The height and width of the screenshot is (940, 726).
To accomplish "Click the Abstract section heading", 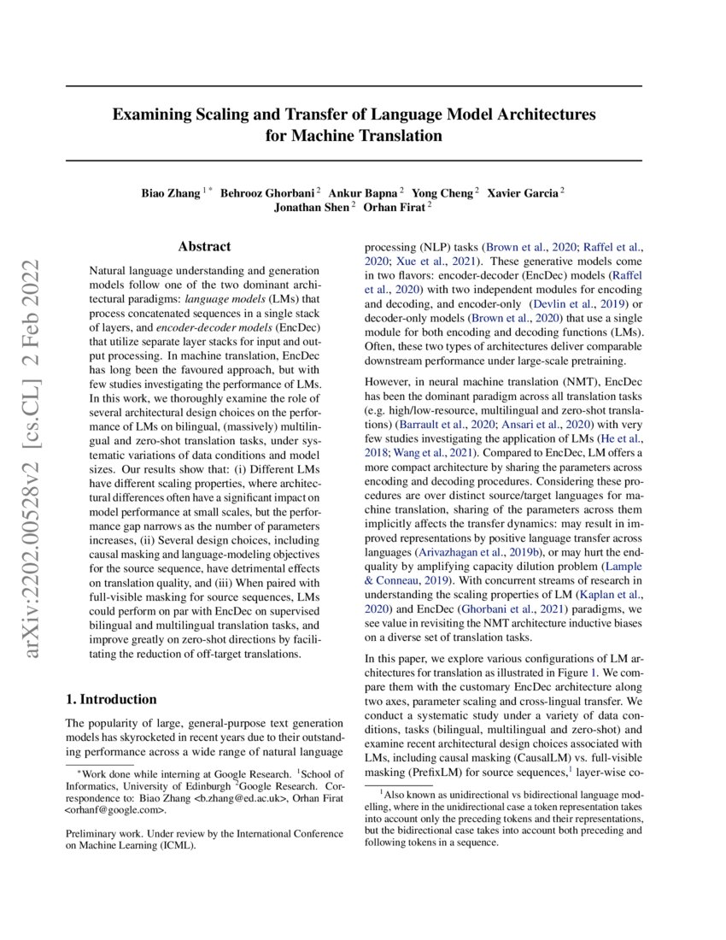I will (x=204, y=246).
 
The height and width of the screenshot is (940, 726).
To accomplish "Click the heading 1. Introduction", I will (x=111, y=699).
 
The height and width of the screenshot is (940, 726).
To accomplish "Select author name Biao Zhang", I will (x=171, y=192).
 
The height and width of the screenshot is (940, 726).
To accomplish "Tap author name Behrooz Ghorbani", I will (x=266, y=192).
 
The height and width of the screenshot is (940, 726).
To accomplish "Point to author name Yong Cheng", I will (x=443, y=192).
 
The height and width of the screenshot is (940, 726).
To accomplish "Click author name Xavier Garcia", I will (x=521, y=192).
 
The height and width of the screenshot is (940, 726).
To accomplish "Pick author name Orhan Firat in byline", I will (x=395, y=207).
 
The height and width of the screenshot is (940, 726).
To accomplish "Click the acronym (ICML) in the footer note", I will (x=181, y=847).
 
